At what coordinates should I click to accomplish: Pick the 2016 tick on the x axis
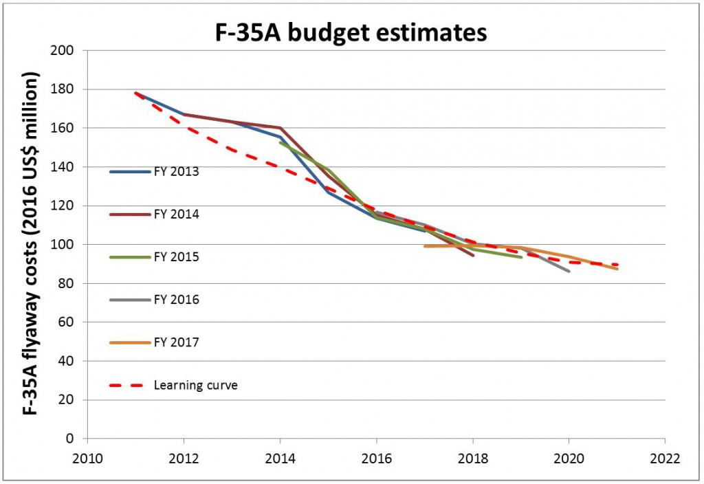[376, 457]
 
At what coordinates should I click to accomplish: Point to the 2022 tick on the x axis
[665, 457]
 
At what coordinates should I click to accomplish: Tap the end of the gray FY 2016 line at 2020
[569, 272]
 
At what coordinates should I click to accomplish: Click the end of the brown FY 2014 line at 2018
[473, 256]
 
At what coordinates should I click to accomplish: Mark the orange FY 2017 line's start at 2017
[425, 246]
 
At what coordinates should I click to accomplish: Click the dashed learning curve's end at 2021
[617, 265]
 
